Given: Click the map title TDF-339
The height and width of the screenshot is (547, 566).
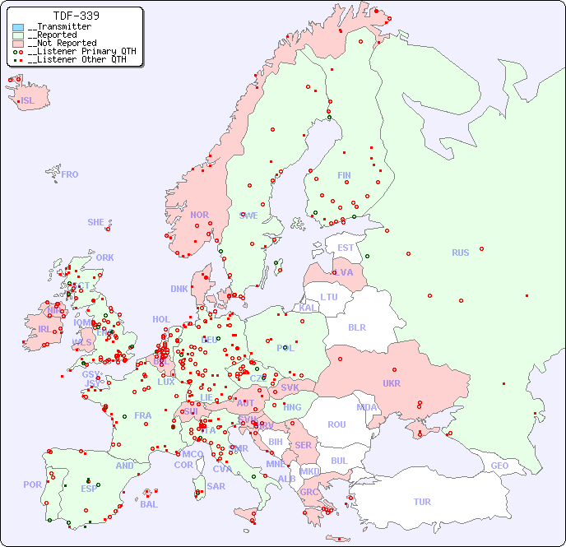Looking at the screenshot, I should point(77,16).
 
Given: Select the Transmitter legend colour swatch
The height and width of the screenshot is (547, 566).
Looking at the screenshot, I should point(18,27).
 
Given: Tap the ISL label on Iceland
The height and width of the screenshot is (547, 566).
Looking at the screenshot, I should point(28,101).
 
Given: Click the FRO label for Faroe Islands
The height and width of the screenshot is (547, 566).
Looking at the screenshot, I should point(70,174).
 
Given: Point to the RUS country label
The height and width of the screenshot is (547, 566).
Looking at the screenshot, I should point(460,253).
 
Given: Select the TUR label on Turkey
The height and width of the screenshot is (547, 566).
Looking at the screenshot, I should point(422,502).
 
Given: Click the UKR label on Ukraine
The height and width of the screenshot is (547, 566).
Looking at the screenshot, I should point(392,383).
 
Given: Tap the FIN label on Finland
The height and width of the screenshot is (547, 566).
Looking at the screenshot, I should point(344,175).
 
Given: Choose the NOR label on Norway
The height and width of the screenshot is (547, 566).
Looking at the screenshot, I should point(199,215).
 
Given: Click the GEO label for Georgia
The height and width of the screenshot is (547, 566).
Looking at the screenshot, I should point(499,466).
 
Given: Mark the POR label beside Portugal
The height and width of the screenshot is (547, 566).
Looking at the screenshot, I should point(32,484).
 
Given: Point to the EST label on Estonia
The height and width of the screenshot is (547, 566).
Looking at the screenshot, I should point(346,248).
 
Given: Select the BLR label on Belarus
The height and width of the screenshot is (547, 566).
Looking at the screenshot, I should point(356,327).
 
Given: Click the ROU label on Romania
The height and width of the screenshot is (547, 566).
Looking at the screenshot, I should point(336,424).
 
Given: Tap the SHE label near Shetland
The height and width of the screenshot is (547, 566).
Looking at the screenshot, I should point(96,222).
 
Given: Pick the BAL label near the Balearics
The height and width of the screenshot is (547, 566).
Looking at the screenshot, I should point(149,504).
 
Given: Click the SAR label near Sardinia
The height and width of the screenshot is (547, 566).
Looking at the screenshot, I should point(216,486).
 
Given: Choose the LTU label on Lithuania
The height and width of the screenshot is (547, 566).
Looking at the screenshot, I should point(329,297).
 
